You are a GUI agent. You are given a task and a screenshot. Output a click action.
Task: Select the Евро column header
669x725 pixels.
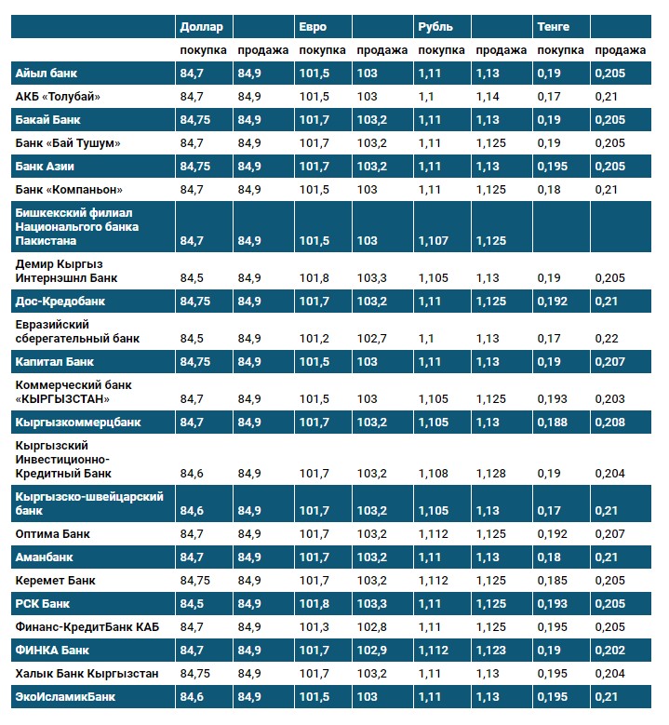tap(313, 26)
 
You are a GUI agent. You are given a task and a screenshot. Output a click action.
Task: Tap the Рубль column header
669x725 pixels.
tap(435, 26)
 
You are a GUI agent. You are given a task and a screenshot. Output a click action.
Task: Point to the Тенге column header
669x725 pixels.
tap(553, 26)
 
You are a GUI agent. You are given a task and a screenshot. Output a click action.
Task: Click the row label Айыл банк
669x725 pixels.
tap(45, 73)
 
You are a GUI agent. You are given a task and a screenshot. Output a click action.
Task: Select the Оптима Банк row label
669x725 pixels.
tap(52, 534)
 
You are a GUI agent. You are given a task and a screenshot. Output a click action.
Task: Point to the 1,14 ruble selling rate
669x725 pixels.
tap(488, 96)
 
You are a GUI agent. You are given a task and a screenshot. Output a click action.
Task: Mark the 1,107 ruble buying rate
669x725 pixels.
tap(434, 241)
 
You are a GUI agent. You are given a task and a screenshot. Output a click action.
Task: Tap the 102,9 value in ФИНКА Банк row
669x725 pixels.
tap(370, 650)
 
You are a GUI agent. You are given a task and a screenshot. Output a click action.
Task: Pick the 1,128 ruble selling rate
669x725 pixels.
tap(490, 474)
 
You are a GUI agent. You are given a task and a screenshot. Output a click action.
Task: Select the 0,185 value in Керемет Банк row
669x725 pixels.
tap(553, 581)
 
